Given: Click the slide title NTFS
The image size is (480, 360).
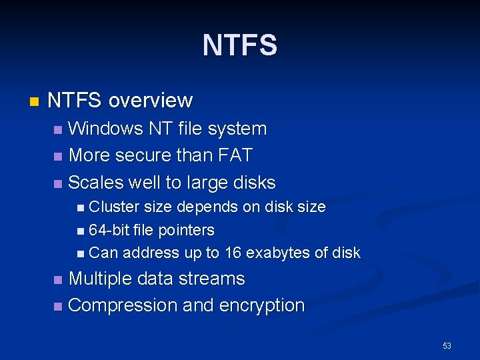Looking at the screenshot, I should (x=240, y=45).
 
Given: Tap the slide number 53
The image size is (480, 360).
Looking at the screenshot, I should (x=447, y=345).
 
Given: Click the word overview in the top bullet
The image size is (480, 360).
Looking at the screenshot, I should (x=150, y=101).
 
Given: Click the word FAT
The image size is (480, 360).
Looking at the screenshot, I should (x=235, y=155).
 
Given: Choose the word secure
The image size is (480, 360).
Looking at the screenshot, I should (x=139, y=155).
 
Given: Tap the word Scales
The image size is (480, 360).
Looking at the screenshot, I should (x=98, y=182).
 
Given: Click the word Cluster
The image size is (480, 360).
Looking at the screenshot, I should (x=115, y=207).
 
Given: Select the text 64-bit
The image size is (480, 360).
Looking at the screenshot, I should (x=108, y=230).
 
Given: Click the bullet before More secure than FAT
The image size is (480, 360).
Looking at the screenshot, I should (x=58, y=157).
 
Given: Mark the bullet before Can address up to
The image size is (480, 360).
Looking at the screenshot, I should (x=81, y=253).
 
